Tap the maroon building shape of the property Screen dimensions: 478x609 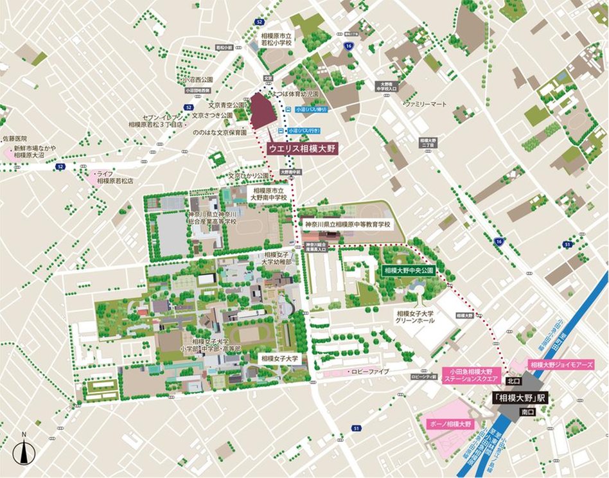click(262, 112)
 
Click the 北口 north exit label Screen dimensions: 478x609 click(511, 380)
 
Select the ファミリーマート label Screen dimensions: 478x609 click(425, 103)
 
